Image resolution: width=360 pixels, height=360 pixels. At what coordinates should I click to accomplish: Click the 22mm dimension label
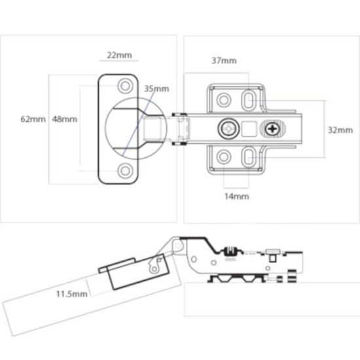pyautogui.click(x=118, y=55)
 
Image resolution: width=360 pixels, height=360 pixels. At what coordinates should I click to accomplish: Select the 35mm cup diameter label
pyautogui.click(x=156, y=88)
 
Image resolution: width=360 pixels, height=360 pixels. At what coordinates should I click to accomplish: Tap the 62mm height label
pyautogui.click(x=32, y=119)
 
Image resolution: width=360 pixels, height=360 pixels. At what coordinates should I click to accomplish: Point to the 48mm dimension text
pyautogui.click(x=64, y=119)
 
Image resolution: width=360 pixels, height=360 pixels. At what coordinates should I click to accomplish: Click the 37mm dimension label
pyautogui.click(x=224, y=61)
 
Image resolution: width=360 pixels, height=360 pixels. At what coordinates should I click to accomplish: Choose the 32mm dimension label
pyautogui.click(x=340, y=130)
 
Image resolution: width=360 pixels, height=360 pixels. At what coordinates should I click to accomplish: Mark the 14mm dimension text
pyautogui.click(x=236, y=195)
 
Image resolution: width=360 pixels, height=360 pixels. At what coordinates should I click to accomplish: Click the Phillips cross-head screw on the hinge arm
pyautogui.click(x=273, y=129)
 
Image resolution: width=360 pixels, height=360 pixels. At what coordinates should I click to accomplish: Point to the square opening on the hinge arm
pyautogui.click(x=249, y=128)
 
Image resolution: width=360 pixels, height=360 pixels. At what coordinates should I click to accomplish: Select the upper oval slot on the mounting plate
pyautogui.click(x=249, y=99)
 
